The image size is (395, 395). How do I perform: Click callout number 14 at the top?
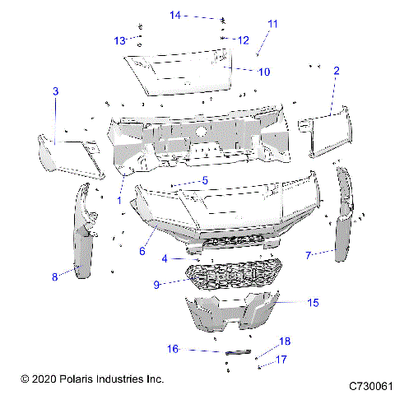point(175,15)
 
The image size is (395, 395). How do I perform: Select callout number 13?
point(120,40)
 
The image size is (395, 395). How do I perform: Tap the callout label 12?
point(243,39)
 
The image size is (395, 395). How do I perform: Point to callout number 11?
point(273,24)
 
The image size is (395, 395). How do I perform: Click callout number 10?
point(263,72)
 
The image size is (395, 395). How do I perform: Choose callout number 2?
point(336,72)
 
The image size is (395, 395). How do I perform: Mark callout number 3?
point(56,92)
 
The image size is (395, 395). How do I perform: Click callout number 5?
point(205,180)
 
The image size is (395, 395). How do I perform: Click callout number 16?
point(174,349)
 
